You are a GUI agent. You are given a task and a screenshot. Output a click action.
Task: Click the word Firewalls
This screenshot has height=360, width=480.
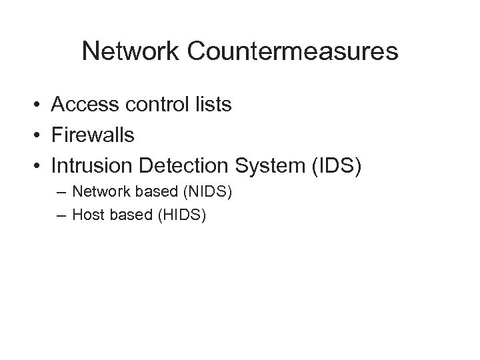point(93,136)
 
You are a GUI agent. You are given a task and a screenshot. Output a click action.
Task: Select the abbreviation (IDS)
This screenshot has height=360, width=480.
point(335,166)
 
